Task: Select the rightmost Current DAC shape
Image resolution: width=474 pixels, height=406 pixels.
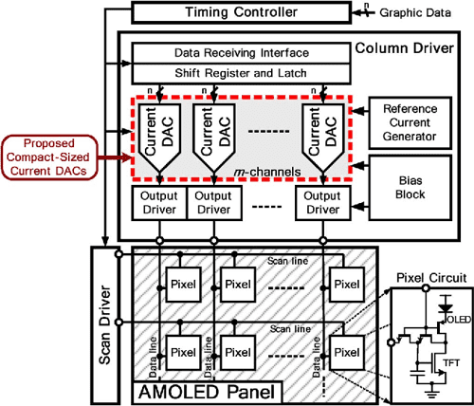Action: pyautogui.click(x=321, y=135)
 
